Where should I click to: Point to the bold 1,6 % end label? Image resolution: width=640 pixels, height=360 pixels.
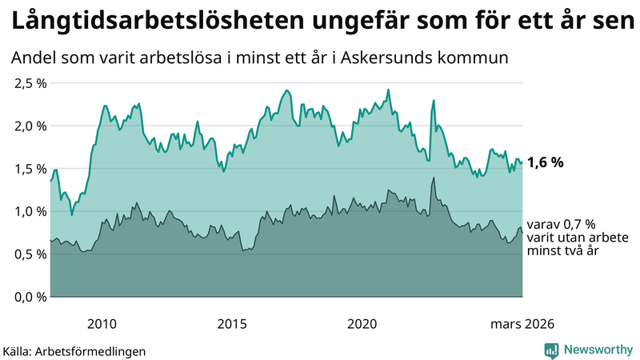coord(546,162)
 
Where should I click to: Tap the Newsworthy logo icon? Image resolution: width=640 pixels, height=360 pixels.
coord(551,350)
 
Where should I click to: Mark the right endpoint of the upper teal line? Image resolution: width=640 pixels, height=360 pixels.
coord(522,162)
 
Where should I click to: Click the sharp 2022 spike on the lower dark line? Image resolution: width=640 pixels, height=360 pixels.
coord(433,178)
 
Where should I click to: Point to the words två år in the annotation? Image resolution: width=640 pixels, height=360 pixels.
coord(582,251)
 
